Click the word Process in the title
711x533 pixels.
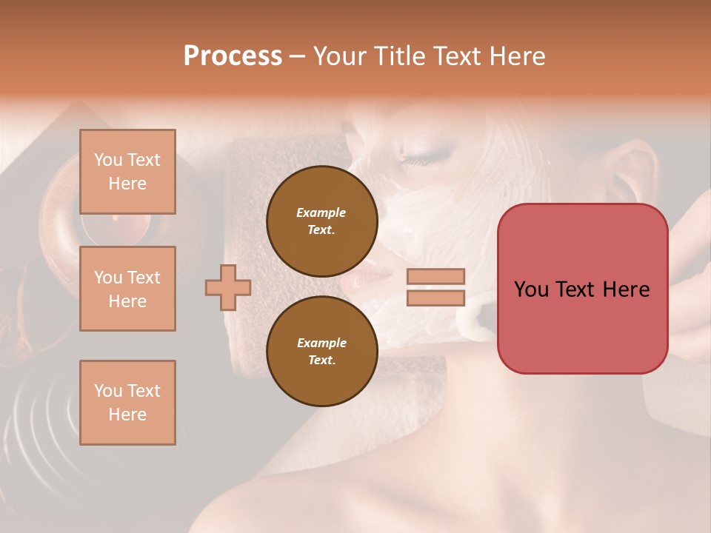233,56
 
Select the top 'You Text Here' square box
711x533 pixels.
127,172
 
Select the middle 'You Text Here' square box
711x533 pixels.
127,289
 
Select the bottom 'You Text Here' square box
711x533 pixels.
127,403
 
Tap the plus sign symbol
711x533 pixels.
228,287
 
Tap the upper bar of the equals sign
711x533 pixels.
435,276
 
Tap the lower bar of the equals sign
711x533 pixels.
435,298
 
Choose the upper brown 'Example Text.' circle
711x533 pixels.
321,221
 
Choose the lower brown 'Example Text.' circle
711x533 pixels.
321,351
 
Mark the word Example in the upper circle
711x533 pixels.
321,212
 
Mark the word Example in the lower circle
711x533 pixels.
321,343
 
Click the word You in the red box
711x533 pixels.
531,289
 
